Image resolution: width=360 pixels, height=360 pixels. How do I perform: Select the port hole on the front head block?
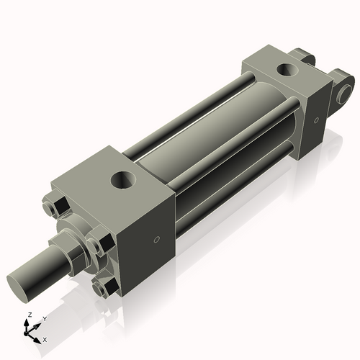pos(122,178)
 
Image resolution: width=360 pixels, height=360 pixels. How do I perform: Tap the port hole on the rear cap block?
pos(287,71)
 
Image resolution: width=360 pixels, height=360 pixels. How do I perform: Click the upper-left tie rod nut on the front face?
pos(50,208)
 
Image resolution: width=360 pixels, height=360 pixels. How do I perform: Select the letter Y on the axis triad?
pos(44,318)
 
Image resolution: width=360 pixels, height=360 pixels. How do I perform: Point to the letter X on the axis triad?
pos(45,338)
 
